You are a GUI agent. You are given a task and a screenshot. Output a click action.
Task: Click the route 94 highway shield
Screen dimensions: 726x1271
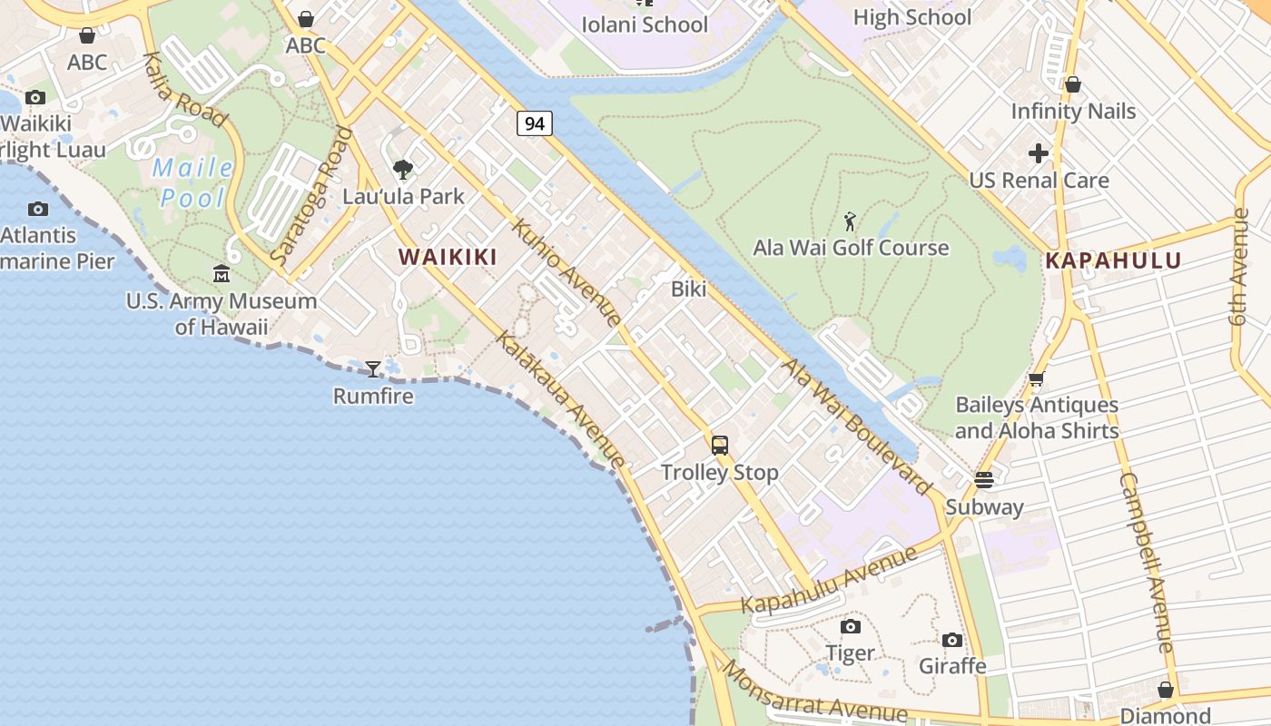click(535, 123)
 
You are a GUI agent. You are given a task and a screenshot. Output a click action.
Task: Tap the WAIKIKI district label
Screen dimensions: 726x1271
click(448, 257)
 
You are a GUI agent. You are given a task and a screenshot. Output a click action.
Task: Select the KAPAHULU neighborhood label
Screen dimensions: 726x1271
click(1113, 261)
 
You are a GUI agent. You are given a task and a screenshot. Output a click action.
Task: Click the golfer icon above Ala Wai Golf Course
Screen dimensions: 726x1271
click(850, 221)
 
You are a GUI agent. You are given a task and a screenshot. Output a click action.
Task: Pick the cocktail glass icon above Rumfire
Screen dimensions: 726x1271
click(372, 368)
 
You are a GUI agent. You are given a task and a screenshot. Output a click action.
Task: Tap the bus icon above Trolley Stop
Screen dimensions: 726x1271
click(720, 445)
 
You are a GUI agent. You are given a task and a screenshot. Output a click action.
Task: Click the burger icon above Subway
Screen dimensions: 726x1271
click(984, 479)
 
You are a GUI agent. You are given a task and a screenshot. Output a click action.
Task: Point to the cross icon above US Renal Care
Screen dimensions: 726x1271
click(1039, 153)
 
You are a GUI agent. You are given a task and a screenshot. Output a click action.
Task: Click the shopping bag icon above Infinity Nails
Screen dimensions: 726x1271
click(1073, 84)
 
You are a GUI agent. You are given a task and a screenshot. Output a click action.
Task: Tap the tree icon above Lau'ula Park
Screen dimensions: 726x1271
click(402, 169)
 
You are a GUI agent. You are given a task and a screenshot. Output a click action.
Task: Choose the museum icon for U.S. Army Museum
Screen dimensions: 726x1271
click(222, 273)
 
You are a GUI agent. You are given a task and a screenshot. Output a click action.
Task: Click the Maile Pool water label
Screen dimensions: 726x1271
click(192, 182)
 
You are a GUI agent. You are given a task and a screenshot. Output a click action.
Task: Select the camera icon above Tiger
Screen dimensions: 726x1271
click(851, 626)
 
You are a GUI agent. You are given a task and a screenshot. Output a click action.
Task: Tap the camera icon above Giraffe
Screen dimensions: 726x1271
click(952, 640)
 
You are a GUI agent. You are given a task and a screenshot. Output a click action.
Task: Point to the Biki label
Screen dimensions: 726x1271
click(688, 289)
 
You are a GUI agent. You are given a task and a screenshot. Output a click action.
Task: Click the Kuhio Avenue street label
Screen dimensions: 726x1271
click(567, 271)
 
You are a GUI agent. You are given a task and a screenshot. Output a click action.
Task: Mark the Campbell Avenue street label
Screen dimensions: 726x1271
click(1146, 563)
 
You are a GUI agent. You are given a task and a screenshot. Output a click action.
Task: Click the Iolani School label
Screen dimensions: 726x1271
click(645, 25)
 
